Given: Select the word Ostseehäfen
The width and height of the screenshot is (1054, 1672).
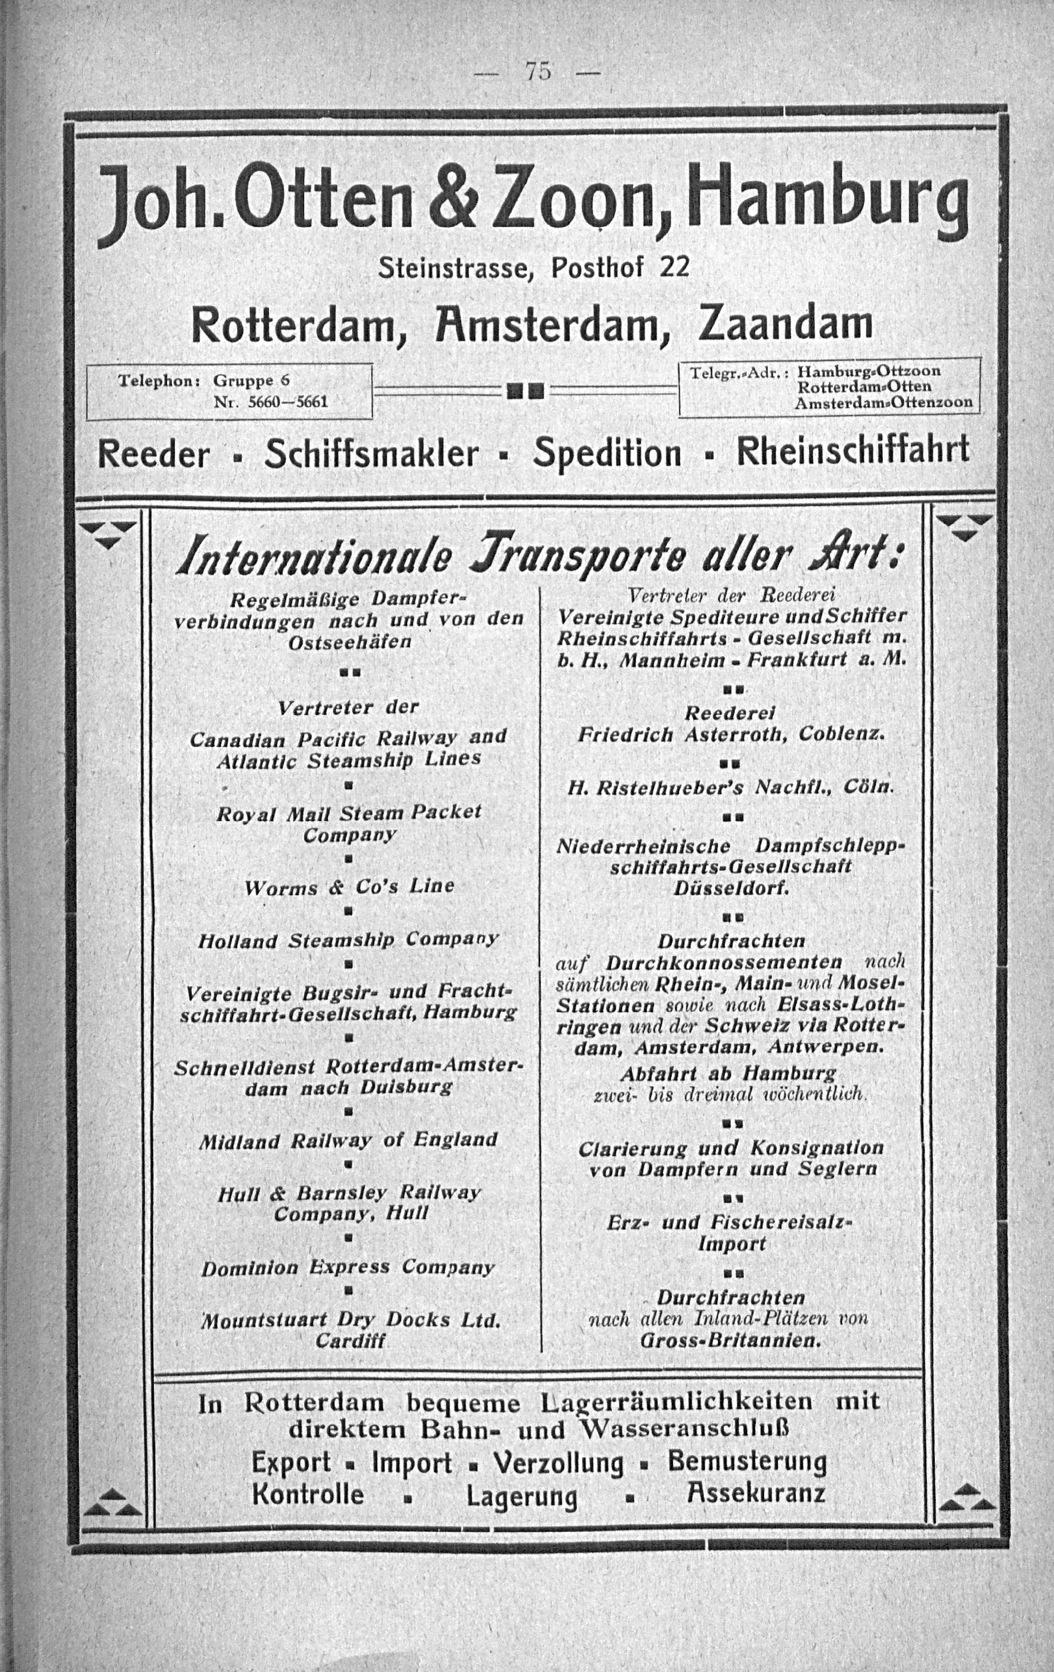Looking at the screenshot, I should [x=349, y=642].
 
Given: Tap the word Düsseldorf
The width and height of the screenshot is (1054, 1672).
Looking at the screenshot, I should [x=730, y=888].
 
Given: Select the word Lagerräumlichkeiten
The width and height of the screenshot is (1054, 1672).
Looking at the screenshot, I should [x=676, y=1401].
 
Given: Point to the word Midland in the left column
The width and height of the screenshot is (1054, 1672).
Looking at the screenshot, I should [x=239, y=1142].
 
